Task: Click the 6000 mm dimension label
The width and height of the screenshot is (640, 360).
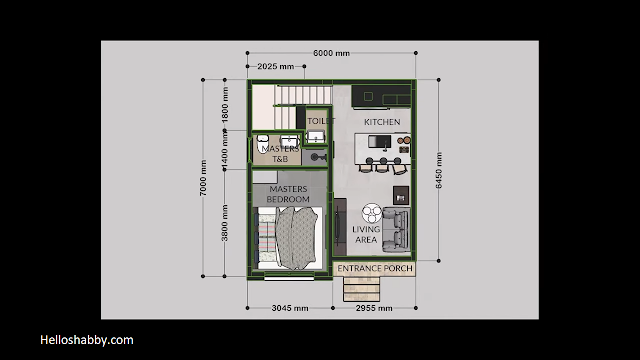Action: (x=331, y=53)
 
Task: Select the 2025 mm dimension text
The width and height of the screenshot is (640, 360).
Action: (x=276, y=66)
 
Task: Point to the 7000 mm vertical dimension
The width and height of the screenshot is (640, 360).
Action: (x=203, y=178)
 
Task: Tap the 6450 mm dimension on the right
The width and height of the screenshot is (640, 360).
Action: (x=439, y=170)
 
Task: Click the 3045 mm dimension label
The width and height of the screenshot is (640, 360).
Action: (x=290, y=308)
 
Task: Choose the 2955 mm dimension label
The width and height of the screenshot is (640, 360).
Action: (x=374, y=308)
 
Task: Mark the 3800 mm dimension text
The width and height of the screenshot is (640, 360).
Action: (x=224, y=223)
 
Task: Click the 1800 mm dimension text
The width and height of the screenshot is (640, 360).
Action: (x=225, y=105)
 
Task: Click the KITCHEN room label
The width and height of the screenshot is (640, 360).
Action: (x=382, y=122)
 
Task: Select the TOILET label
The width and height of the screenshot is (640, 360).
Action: (x=321, y=121)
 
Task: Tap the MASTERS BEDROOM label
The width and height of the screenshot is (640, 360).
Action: (x=288, y=194)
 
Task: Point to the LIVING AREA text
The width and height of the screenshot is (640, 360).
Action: (x=366, y=234)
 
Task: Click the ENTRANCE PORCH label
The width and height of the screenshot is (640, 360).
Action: (x=375, y=269)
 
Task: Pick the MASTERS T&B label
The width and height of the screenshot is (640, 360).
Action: (x=280, y=154)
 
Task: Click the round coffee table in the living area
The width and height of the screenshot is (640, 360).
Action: (x=372, y=213)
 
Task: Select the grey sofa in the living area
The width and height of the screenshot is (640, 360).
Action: (x=396, y=230)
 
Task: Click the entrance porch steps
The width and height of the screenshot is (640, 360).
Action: (x=362, y=289)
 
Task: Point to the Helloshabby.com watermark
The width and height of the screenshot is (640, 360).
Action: (x=87, y=340)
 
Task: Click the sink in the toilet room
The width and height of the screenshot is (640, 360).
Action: (x=316, y=137)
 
